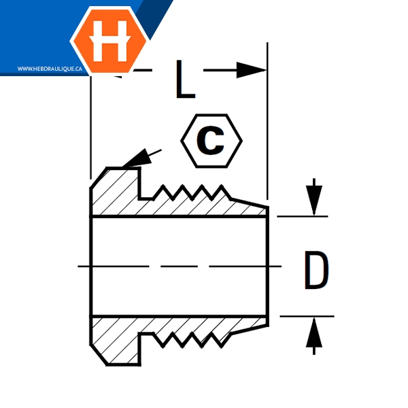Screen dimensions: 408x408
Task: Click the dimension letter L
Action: pos(186,80)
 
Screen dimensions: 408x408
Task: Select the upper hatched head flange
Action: pos(116,194)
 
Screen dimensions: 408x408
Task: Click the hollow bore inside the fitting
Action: pos(177,266)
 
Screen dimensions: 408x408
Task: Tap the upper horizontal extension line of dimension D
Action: pos(303,216)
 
